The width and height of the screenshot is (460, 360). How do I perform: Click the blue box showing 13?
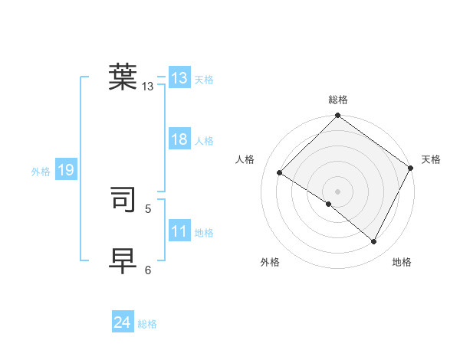tap(179, 78)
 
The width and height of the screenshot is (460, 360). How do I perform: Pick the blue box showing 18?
tap(179, 139)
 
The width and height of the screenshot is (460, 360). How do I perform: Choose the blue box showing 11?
tap(179, 231)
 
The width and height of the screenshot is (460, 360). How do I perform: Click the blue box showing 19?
tap(66, 170)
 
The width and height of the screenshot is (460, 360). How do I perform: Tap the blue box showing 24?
tap(123, 322)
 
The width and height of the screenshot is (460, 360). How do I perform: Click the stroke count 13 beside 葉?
tap(148, 87)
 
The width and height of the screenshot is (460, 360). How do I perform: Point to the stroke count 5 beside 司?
tap(148, 208)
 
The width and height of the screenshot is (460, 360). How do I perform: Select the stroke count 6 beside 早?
tap(148, 270)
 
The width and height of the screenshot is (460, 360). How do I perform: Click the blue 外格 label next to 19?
tap(41, 172)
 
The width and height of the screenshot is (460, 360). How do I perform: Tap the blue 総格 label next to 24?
tap(147, 324)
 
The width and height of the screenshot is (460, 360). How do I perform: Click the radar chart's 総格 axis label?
tap(338, 100)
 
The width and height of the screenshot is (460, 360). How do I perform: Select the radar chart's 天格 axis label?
tap(432, 159)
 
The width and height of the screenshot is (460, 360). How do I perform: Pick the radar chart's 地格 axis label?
tap(402, 263)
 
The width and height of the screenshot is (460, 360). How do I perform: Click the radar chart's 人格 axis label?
tap(245, 159)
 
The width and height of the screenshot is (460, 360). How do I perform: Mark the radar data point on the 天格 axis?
tap(411, 168)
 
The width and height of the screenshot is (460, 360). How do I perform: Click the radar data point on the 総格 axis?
tap(338, 116)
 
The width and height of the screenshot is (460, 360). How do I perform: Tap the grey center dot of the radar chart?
tap(337, 191)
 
